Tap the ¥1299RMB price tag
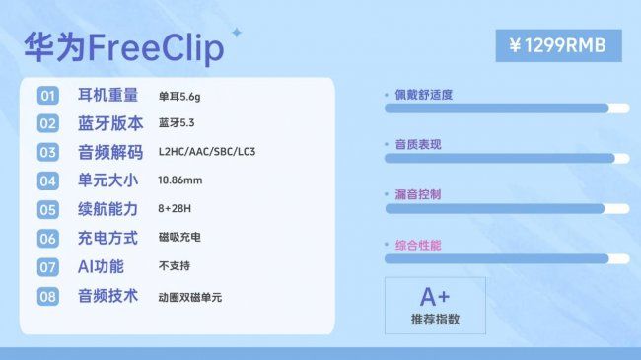558,45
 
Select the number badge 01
47,96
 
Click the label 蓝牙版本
109,124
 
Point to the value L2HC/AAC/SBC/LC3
207,153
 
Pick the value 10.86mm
179,181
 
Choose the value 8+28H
176,210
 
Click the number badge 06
47,239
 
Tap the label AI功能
101,267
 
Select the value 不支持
174,267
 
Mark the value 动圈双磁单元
189,296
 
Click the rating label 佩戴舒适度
424,95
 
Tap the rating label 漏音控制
418,195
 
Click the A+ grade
435,297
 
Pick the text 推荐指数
435,320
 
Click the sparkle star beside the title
236,33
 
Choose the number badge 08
47,296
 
